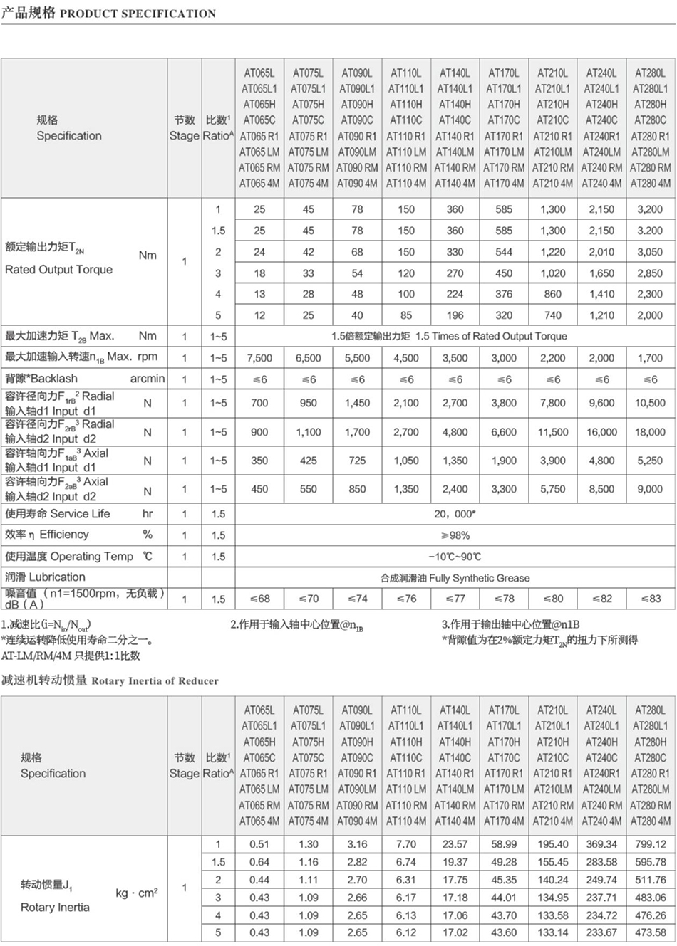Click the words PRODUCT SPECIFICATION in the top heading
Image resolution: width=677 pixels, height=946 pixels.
pos(138,14)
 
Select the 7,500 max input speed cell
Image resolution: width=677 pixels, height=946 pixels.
pos(259,358)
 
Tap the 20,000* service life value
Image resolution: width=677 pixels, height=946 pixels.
pos(455,514)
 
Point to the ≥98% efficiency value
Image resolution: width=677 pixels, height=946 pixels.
pos(455,535)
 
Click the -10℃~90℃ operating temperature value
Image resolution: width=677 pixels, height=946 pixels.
pos(455,557)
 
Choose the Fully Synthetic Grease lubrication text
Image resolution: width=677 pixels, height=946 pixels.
pos(479,578)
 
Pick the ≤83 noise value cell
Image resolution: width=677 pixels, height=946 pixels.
pos(650,599)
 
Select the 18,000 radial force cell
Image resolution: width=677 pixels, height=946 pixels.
pos(650,432)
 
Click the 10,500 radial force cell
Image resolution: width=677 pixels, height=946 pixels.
pos(650,403)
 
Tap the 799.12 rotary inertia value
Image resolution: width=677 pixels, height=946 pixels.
pos(650,844)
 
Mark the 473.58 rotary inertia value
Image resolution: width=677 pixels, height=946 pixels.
pos(650,932)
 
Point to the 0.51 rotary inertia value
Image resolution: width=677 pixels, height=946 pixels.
pos(259,844)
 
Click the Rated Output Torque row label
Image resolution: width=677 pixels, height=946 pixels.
pos(58,270)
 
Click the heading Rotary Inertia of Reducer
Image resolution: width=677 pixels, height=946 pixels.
pos(155,681)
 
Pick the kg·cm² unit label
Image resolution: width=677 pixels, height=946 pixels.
pos(136,893)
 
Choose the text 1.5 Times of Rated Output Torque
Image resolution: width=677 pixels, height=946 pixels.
pos(491,336)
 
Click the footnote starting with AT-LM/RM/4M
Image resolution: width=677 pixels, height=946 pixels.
pos(71,656)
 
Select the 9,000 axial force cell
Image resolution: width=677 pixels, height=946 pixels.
pos(650,489)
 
